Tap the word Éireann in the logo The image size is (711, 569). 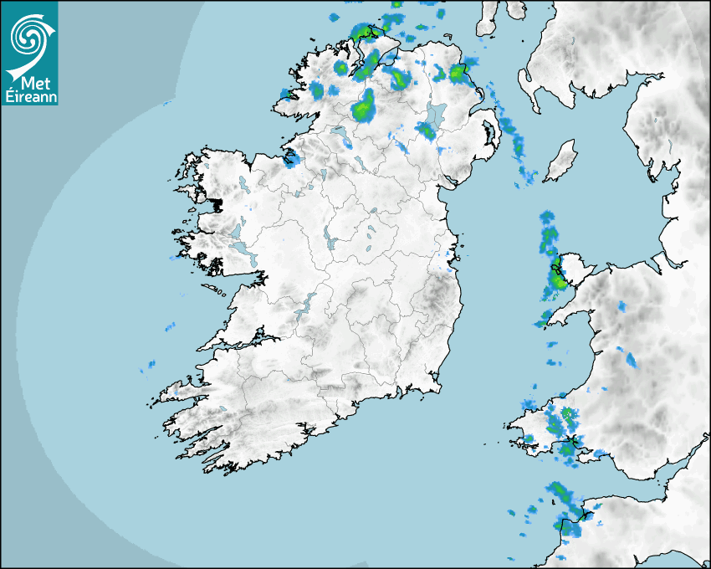pyautogui.click(x=29, y=96)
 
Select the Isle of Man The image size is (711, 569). pyautogui.click(x=561, y=161)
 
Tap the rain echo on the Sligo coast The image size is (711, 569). pyautogui.click(x=291, y=158)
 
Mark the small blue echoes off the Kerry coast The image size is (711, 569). pyautogui.click(x=151, y=364)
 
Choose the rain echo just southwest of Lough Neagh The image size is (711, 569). pyautogui.click(x=426, y=130)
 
